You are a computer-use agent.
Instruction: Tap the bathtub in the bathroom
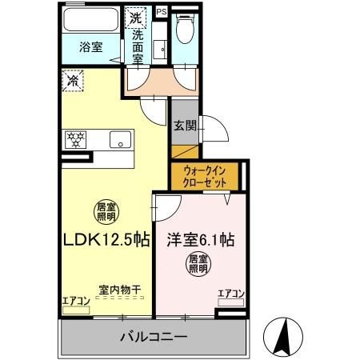90,22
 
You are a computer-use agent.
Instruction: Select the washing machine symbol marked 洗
137,18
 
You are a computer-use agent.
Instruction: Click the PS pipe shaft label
161,11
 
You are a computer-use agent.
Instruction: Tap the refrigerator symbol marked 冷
73,81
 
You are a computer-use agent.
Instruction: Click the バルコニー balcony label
154,336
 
